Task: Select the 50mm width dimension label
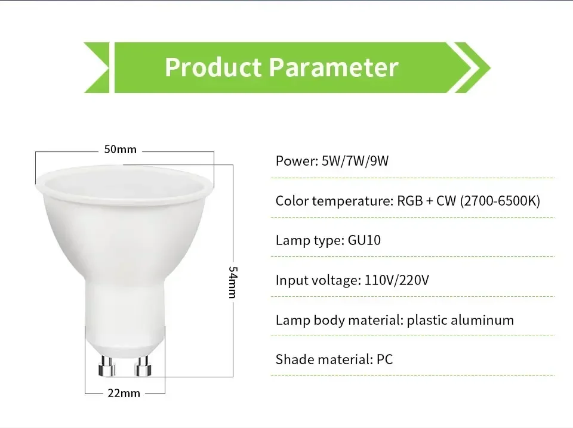121,149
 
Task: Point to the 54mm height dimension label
233,283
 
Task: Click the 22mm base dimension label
125,393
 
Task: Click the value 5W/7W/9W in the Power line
355,161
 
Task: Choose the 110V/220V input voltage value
396,280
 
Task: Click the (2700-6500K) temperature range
500,201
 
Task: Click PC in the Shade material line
384,359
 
